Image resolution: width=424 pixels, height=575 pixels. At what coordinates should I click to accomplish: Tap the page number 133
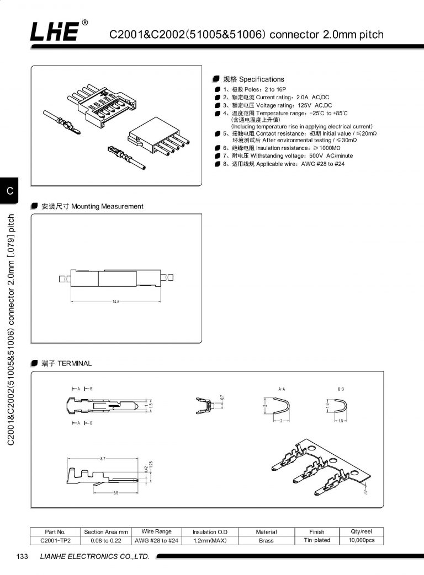(x=23, y=557)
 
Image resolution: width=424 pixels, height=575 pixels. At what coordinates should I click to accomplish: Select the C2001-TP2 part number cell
(x=55, y=541)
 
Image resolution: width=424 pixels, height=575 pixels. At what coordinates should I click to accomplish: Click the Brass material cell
(x=266, y=541)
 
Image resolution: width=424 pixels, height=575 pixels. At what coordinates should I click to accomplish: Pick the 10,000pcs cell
(x=362, y=540)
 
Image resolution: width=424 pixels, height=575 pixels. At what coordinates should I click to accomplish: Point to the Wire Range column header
(x=157, y=531)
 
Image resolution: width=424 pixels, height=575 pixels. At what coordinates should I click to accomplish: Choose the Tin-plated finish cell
(x=317, y=540)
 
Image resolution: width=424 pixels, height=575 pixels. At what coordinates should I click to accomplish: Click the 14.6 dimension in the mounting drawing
(x=116, y=302)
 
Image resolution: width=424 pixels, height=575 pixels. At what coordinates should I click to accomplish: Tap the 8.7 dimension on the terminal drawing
(x=103, y=459)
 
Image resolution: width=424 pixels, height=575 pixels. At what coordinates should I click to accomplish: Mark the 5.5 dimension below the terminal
(x=116, y=492)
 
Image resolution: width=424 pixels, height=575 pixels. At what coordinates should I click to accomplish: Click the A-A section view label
(x=282, y=389)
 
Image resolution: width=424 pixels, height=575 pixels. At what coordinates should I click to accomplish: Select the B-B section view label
(x=341, y=389)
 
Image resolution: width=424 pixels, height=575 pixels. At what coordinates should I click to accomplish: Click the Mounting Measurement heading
(x=92, y=206)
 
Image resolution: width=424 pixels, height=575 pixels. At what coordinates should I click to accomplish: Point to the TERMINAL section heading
(x=66, y=364)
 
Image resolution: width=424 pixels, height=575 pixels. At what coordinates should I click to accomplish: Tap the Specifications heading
(x=253, y=79)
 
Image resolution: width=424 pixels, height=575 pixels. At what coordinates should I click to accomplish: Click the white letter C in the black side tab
(x=9, y=191)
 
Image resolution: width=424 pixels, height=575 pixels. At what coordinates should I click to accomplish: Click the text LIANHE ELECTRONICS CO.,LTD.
(x=95, y=557)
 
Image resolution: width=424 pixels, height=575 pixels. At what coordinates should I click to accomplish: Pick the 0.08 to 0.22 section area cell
(x=106, y=541)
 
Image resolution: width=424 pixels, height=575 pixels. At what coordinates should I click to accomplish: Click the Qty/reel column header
(x=362, y=531)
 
